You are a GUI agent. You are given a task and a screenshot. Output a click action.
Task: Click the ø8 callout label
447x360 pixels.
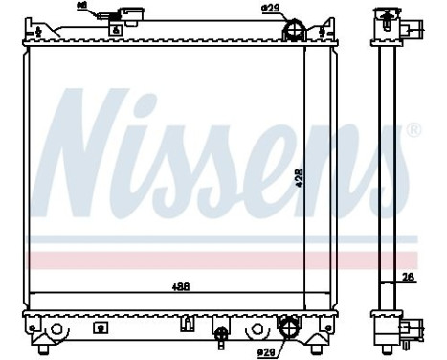(81, 9)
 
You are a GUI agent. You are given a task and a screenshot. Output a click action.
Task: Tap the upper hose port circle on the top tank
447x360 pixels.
(293, 32)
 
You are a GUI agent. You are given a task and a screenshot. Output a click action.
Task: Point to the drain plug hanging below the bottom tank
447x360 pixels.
(223, 337)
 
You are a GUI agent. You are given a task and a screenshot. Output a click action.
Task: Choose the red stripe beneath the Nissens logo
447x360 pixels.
(220, 259)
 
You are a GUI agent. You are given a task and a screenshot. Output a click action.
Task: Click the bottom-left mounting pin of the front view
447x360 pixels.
(34, 340)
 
